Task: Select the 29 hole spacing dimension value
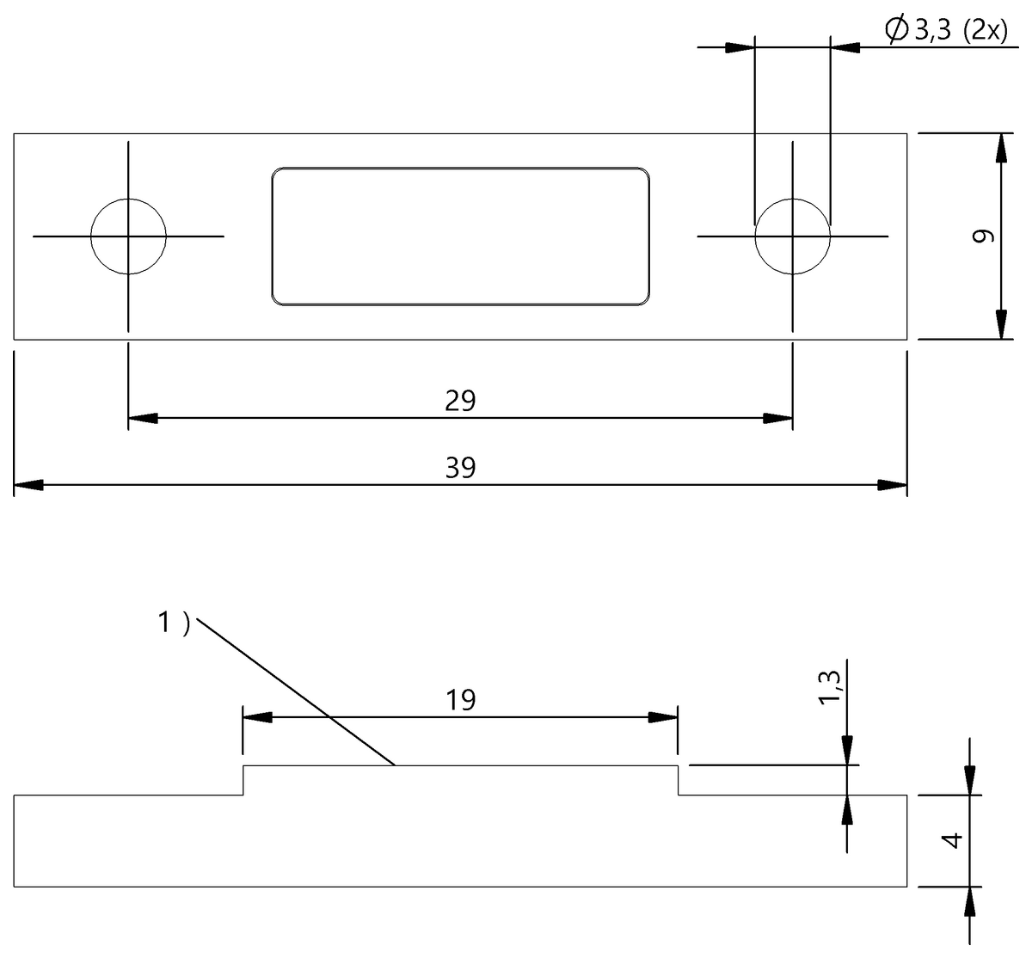461,400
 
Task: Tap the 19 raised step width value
461,700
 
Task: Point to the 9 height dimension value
984,236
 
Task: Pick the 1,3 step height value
830,688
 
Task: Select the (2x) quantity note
986,32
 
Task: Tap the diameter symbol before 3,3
895,31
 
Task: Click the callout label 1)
173,622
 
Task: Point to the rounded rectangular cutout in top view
461,236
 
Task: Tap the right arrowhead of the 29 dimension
778,419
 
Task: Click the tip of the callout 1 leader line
394,764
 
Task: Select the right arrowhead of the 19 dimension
664,717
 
